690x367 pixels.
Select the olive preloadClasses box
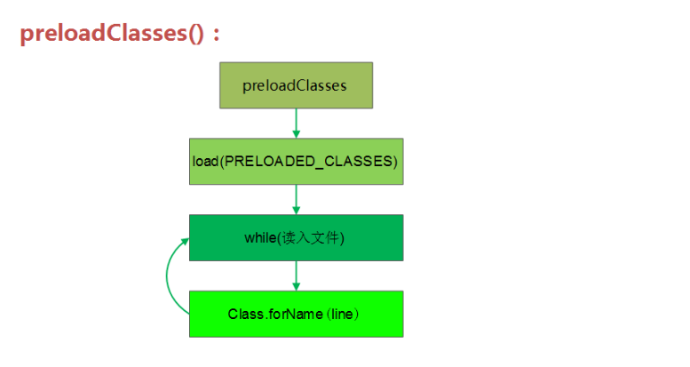[x=296, y=85]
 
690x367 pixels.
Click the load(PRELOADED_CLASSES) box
[x=296, y=161]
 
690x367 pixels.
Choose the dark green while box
[x=296, y=237]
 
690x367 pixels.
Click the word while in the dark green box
[x=261, y=238]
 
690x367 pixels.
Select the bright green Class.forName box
[x=296, y=314]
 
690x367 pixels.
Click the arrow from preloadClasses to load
[x=296, y=123]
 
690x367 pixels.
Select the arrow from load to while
[x=296, y=199]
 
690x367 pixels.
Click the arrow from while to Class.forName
[x=296, y=275]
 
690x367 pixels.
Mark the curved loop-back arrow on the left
[x=168, y=275]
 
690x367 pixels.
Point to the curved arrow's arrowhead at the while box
[x=184, y=241]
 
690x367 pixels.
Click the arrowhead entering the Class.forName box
[x=296, y=286]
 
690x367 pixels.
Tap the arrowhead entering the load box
[x=296, y=133]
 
